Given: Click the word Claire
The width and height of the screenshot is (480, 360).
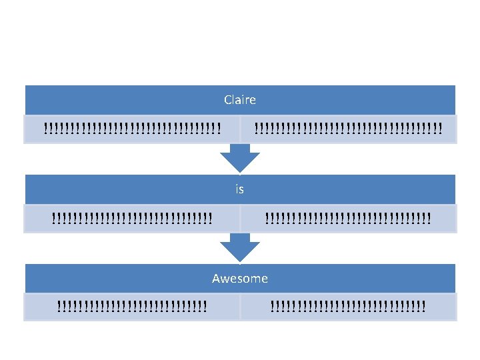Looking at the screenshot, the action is pos(240,100).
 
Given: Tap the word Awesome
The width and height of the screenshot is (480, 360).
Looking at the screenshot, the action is pos(240,279).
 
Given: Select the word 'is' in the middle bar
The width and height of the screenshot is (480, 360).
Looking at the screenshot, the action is pos(240,189).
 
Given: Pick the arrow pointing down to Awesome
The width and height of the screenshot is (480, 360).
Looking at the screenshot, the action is pos(240,247).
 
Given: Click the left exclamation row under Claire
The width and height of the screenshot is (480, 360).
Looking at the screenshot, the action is pos(132,129).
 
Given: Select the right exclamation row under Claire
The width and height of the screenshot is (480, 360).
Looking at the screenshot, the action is pos(349,129).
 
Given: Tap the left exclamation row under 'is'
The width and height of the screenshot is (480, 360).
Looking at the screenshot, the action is pos(132,218).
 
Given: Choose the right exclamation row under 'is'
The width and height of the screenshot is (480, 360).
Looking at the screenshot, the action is pos(348,218).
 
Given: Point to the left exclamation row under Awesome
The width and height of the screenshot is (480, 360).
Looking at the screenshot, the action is pos(132,306).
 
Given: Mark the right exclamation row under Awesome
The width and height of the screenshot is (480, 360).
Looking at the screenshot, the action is pos(348,306).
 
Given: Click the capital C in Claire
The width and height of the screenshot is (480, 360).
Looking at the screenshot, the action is pos(227,100).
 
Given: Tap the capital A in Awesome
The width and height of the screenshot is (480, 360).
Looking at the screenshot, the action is pos(217,279).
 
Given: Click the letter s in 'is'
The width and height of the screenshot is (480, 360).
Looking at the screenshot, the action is pos(241,191).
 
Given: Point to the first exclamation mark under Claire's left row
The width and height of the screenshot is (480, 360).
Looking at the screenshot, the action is pos(46,129).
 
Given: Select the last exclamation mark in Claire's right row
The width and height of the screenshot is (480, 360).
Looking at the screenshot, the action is pos(440,129).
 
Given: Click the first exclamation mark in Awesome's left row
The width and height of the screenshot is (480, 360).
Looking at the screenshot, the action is pos(59,306).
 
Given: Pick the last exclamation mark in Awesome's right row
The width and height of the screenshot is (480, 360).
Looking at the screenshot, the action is pos(424,306).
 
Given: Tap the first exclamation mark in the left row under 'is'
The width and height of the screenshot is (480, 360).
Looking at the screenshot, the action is pos(54,218).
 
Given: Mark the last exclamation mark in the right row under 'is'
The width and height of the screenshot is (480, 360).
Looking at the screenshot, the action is pos(429,218).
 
